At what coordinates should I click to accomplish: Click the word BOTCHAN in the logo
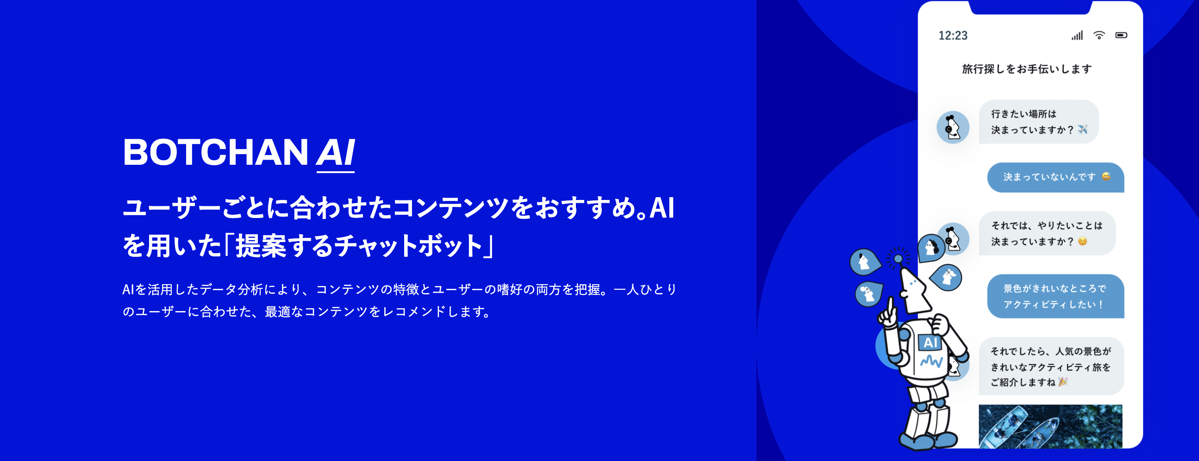tap(216, 152)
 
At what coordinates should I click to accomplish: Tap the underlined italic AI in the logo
tap(336, 154)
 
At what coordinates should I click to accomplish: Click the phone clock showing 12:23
tap(953, 35)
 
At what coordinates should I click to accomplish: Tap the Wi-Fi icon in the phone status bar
tap(1099, 35)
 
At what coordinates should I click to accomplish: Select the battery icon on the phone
tap(1121, 35)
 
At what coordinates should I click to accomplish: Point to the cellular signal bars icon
tap(1077, 35)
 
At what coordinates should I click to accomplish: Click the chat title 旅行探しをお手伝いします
tap(1027, 69)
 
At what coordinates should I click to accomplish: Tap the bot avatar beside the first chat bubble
tap(953, 127)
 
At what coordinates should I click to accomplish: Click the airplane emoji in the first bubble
tap(1083, 129)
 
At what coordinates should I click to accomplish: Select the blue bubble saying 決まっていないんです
tap(1055, 177)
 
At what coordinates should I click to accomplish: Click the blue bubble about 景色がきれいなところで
tap(1055, 296)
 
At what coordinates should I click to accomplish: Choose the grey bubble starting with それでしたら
tap(1051, 367)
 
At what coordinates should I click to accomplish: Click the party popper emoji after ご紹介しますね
tap(1062, 382)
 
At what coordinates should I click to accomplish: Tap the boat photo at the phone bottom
tap(1050, 427)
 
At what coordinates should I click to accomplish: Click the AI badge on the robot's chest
tap(930, 343)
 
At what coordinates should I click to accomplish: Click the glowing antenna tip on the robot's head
tap(898, 258)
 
